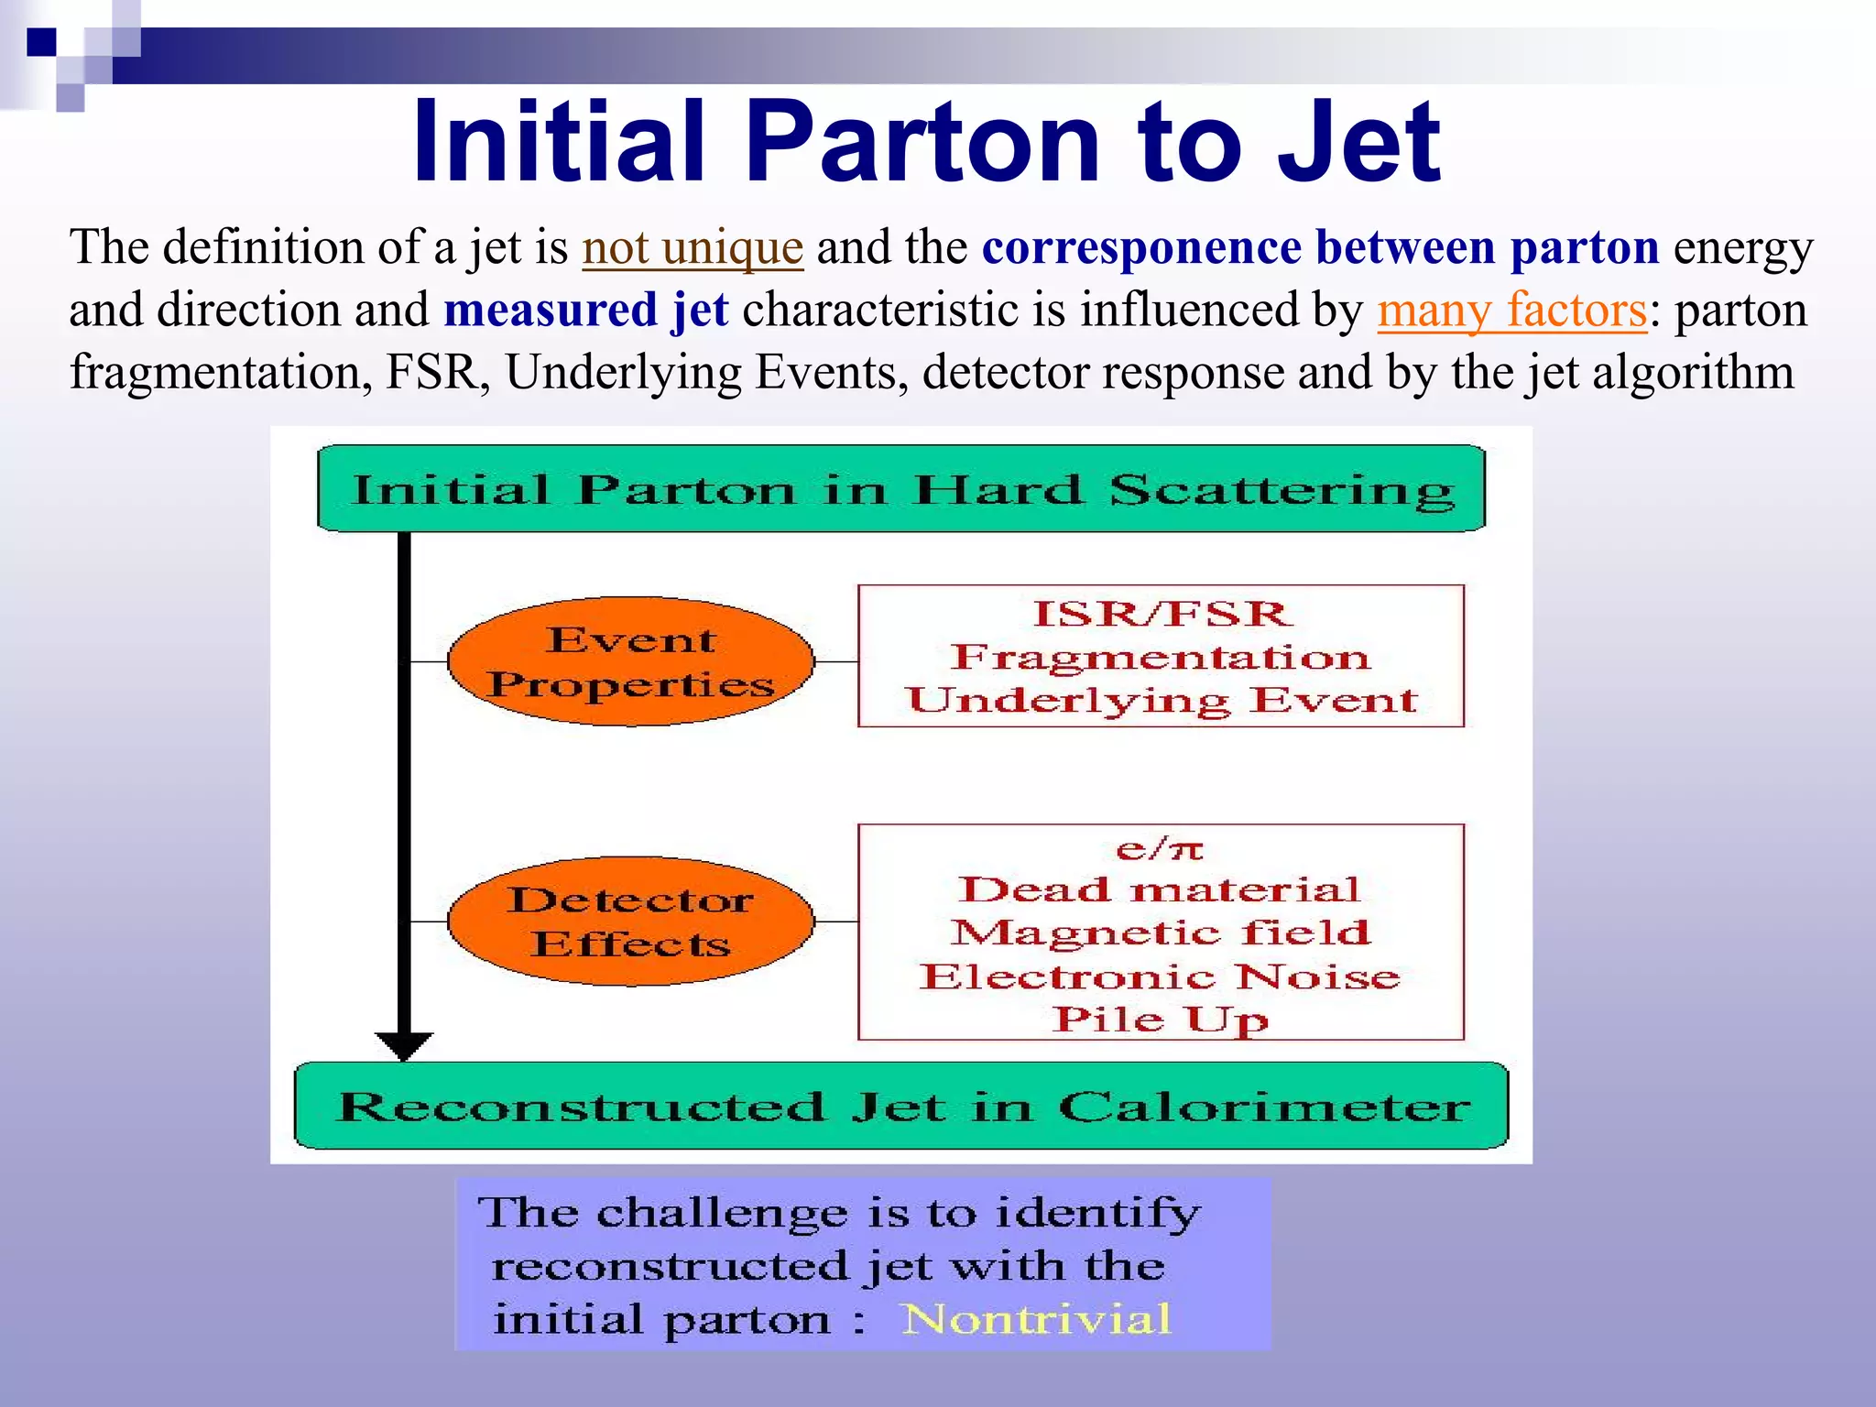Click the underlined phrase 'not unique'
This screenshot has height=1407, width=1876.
[x=693, y=247]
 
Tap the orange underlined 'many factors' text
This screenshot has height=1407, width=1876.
[x=1512, y=310]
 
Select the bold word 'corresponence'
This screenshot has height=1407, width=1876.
[x=1141, y=247]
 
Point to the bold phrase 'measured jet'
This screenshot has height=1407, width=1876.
[x=586, y=310]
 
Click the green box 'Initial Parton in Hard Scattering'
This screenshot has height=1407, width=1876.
[x=901, y=489]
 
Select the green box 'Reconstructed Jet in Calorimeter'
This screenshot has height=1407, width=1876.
[x=901, y=1106]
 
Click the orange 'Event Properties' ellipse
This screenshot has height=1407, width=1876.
[x=630, y=661]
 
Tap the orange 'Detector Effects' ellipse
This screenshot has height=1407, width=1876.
[x=630, y=922]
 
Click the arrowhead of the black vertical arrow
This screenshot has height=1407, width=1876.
[x=404, y=1045]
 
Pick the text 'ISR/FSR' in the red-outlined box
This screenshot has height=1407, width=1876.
[x=1162, y=614]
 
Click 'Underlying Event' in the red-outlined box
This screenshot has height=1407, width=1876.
[x=1162, y=701]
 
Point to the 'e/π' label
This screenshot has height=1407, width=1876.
[x=1160, y=849]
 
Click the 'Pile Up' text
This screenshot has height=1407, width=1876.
[x=1160, y=1020]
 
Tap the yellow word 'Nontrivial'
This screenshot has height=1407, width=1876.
[x=1036, y=1319]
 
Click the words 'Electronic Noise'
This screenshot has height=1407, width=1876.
[x=1160, y=976]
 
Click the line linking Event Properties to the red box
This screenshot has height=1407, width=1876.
[x=835, y=661]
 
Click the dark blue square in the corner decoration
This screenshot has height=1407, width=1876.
[x=41, y=42]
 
